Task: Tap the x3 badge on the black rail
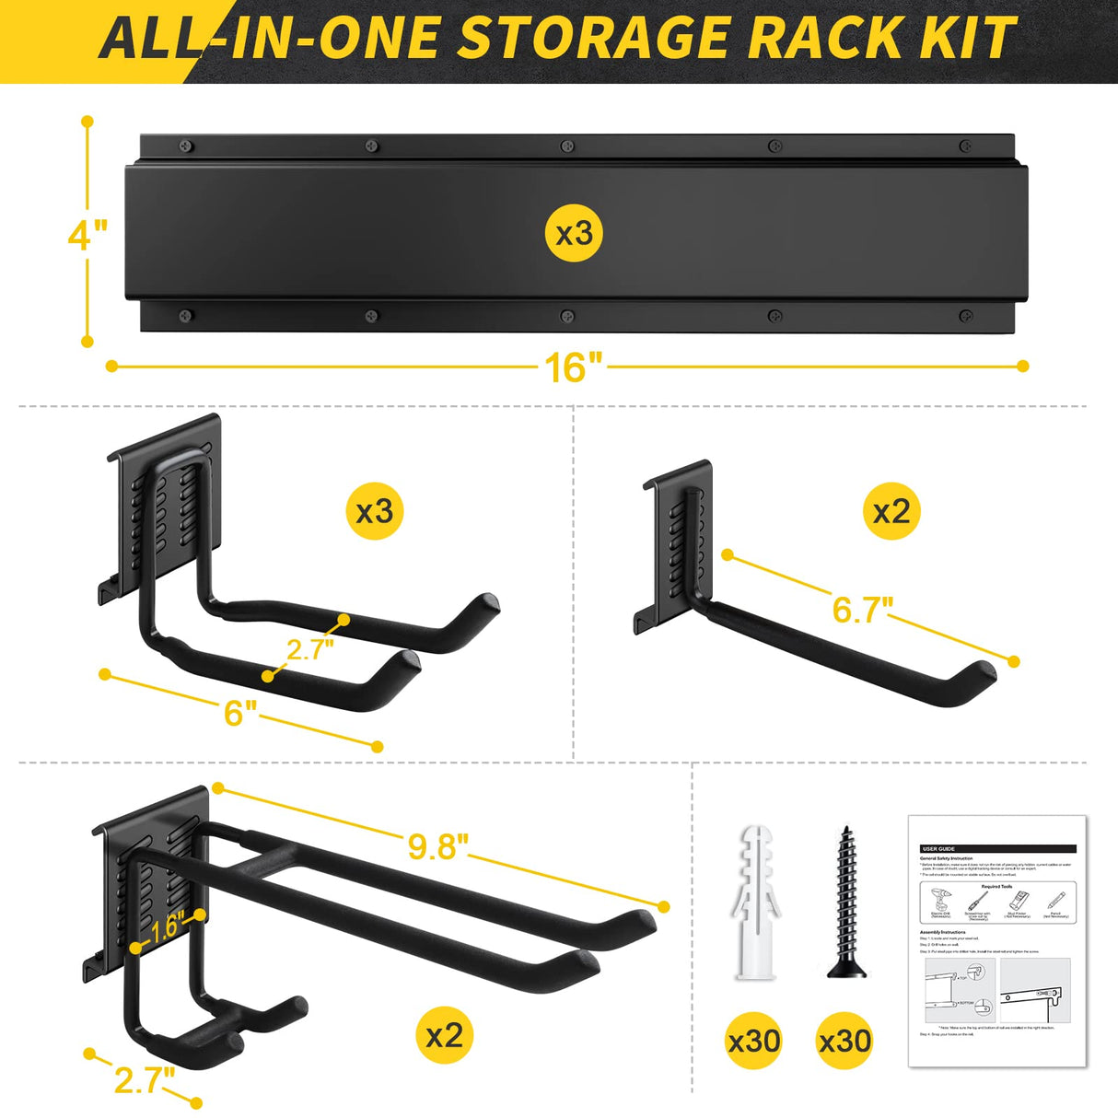pyautogui.click(x=574, y=234)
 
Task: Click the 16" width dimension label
pyautogui.click(x=573, y=367)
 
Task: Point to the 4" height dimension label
pyautogui.click(x=87, y=235)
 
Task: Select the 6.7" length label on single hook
pyautogui.click(x=862, y=609)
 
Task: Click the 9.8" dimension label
pyautogui.click(x=437, y=846)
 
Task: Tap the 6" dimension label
pyautogui.click(x=240, y=712)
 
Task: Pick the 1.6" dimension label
pyautogui.click(x=166, y=927)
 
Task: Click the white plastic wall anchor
pyautogui.click(x=754, y=903)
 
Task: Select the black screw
pyautogui.click(x=844, y=903)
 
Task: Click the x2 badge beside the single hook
pyautogui.click(x=891, y=511)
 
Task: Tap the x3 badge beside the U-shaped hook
pyautogui.click(x=375, y=511)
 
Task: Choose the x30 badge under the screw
pyautogui.click(x=844, y=1042)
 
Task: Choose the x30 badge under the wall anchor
pyautogui.click(x=754, y=1042)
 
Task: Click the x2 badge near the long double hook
pyautogui.click(x=444, y=1035)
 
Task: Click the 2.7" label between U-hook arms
pyautogui.click(x=309, y=648)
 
